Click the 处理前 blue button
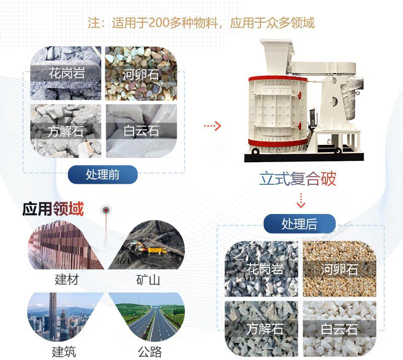point(103,174)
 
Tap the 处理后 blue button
point(299,224)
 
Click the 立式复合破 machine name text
point(298,179)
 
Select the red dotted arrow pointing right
point(212,125)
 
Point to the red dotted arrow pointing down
point(301,200)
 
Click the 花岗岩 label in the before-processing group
point(66,73)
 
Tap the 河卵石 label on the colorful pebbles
point(141,75)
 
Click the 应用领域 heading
point(53,209)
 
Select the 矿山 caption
point(148,279)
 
